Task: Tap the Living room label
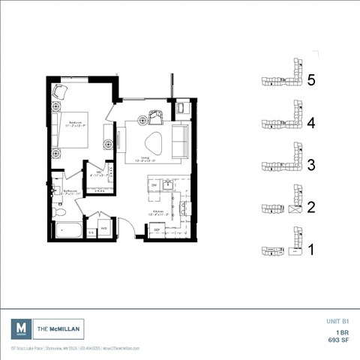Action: [144, 159]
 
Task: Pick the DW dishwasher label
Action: [153, 185]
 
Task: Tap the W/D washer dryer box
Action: [103, 228]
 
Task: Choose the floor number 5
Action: [312, 79]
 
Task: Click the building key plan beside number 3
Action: [282, 163]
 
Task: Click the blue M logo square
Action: [22, 328]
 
